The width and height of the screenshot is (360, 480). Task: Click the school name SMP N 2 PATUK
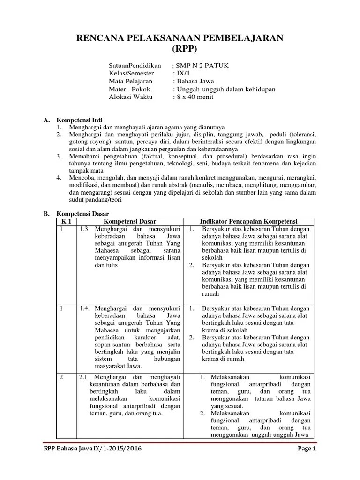coord(202,66)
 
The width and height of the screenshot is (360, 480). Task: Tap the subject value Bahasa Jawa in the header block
coord(194,82)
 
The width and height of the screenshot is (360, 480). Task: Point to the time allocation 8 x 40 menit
coord(195,97)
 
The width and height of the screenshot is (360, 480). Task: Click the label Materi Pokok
coord(129,89)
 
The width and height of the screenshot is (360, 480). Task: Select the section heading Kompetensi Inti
coord(79,120)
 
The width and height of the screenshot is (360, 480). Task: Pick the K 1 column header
coord(66,221)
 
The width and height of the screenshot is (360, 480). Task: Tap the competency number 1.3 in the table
coord(84,229)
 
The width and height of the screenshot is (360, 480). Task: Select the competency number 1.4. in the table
coord(85,308)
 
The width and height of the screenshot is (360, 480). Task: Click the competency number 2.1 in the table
coord(84,377)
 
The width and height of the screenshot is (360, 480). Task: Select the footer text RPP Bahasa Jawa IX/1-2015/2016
coord(92,449)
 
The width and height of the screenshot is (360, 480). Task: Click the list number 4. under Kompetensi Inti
coord(59,178)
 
